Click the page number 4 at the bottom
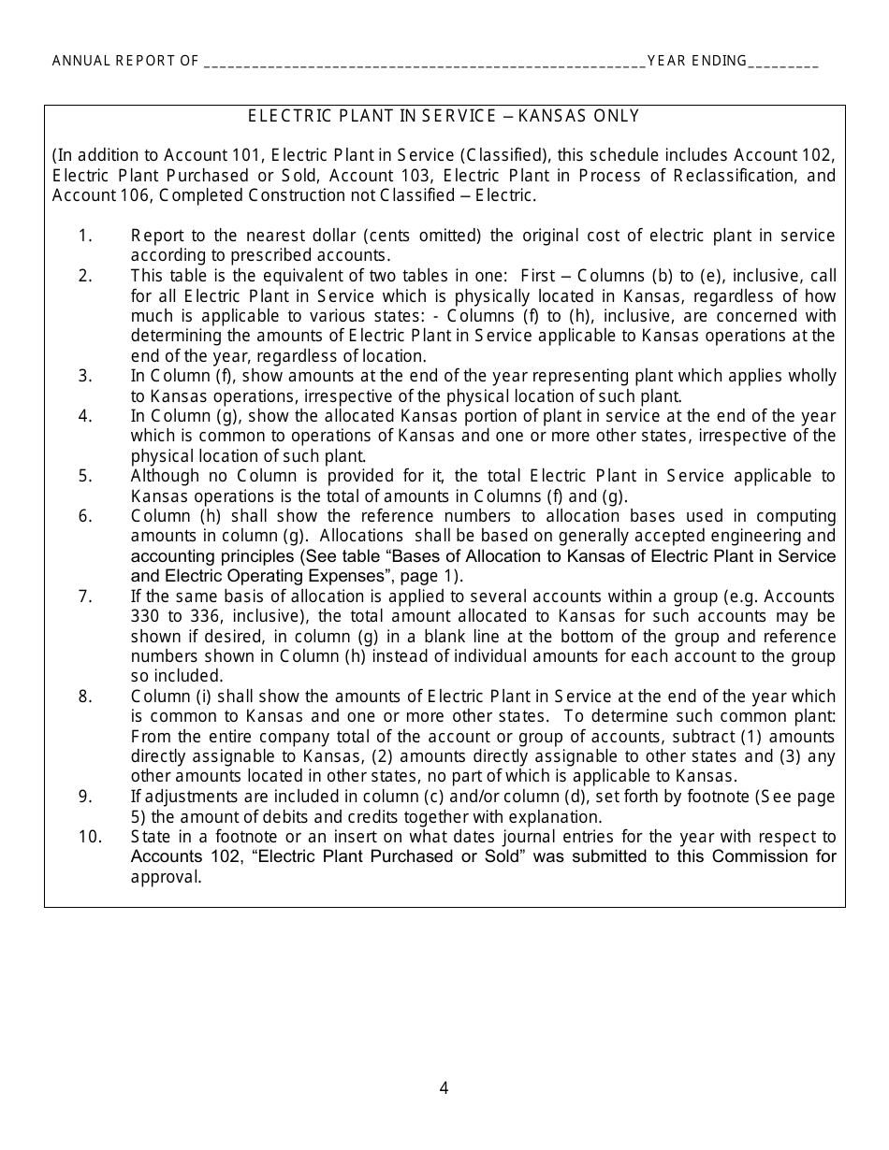(444, 1087)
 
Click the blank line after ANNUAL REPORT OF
(424, 63)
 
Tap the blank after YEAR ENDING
(784, 63)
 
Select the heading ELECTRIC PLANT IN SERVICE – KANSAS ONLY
(444, 116)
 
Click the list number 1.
(85, 236)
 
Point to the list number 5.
(85, 476)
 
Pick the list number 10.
(89, 837)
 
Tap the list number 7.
(85, 597)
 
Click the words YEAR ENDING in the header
(697, 62)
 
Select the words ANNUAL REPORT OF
(125, 62)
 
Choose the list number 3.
(85, 376)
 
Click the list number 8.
(85, 697)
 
